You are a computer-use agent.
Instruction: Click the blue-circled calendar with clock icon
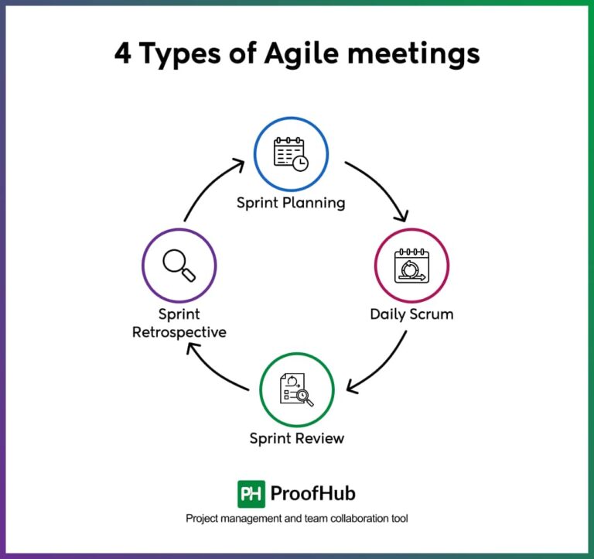[292, 153]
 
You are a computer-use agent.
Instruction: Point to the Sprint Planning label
[291, 204]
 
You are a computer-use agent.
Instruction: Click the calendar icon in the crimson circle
[411, 265]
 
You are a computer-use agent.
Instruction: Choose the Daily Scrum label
[411, 314]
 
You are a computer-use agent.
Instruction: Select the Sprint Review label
[296, 439]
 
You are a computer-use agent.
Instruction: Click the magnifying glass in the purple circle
[179, 266]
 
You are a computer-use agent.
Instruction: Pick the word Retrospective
[179, 332]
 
